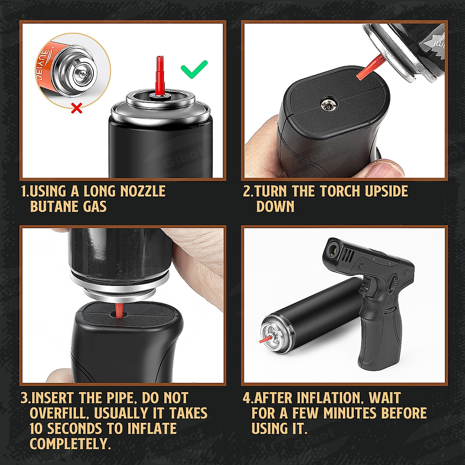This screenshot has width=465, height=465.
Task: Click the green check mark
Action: [x=194, y=69]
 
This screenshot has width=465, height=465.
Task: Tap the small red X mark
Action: [x=77, y=109]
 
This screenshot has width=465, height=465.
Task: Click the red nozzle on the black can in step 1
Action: [x=159, y=76]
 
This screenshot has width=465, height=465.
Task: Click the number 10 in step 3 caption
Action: [x=37, y=429]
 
